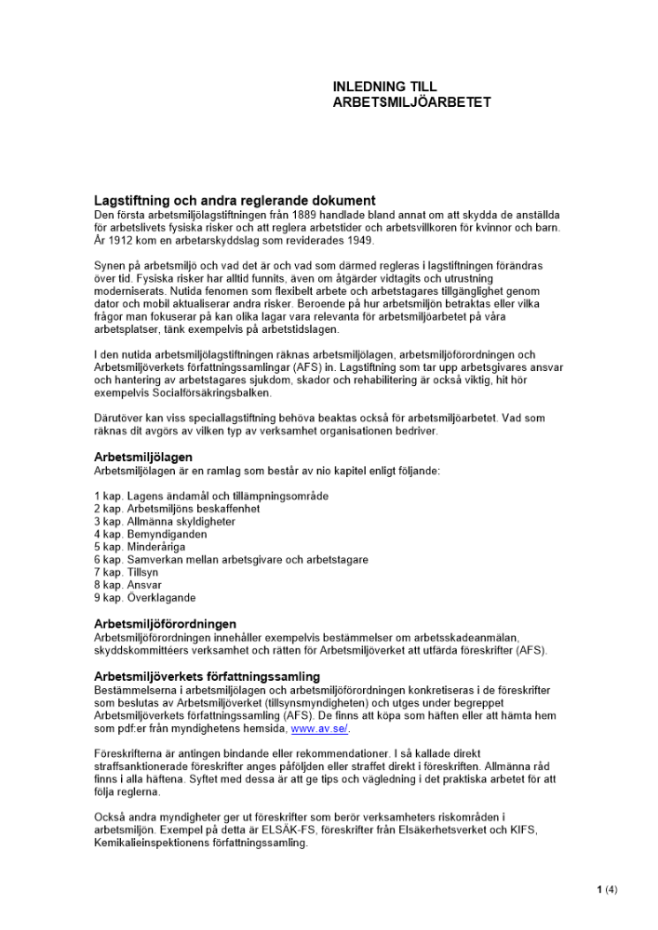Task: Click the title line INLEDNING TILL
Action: pyautogui.click(x=384, y=86)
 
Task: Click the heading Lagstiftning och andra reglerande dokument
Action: pyautogui.click(x=235, y=201)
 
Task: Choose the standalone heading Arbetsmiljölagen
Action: pyautogui.click(x=143, y=458)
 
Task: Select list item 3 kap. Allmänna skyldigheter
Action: pyautogui.click(x=165, y=522)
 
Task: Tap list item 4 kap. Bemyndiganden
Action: pyautogui.click(x=151, y=535)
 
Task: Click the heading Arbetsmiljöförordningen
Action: pyautogui.click(x=165, y=624)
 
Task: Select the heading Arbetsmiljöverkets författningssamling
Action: pyautogui.click(x=207, y=676)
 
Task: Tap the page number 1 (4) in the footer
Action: pyautogui.click(x=607, y=890)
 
